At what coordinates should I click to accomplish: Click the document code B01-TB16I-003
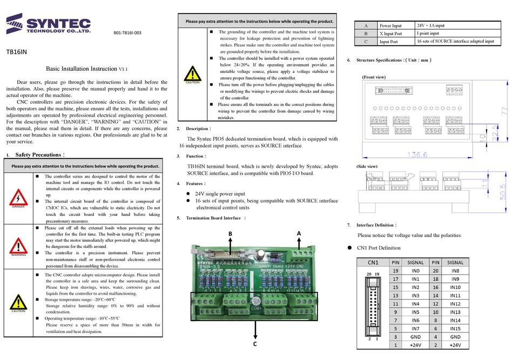click(127, 33)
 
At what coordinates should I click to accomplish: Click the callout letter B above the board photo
click(230, 233)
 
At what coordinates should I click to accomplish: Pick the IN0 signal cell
click(415, 270)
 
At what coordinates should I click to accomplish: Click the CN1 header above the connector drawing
click(373, 262)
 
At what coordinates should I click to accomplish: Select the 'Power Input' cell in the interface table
click(390, 25)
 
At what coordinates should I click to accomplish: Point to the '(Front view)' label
click(374, 77)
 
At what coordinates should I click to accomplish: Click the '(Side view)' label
click(367, 167)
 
